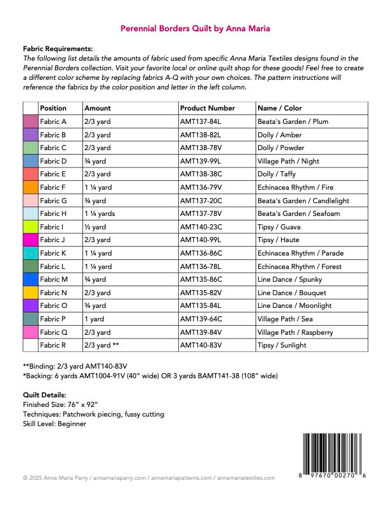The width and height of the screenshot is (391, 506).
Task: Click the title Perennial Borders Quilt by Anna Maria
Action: click(x=195, y=29)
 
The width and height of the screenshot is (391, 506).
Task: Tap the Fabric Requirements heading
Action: click(x=57, y=49)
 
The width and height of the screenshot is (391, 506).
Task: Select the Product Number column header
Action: click(x=208, y=109)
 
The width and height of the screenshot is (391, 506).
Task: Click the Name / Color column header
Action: click(x=279, y=109)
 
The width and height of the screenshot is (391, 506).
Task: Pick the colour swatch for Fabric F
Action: click(x=31, y=188)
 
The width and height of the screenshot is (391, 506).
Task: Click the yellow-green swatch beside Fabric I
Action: click(x=31, y=227)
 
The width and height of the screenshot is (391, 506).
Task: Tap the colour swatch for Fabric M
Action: click(x=31, y=279)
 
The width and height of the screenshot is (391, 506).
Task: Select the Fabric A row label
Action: click(x=53, y=122)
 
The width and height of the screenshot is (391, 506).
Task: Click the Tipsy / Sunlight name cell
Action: click(x=282, y=345)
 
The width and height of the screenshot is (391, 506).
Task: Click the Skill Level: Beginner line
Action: click(x=54, y=424)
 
